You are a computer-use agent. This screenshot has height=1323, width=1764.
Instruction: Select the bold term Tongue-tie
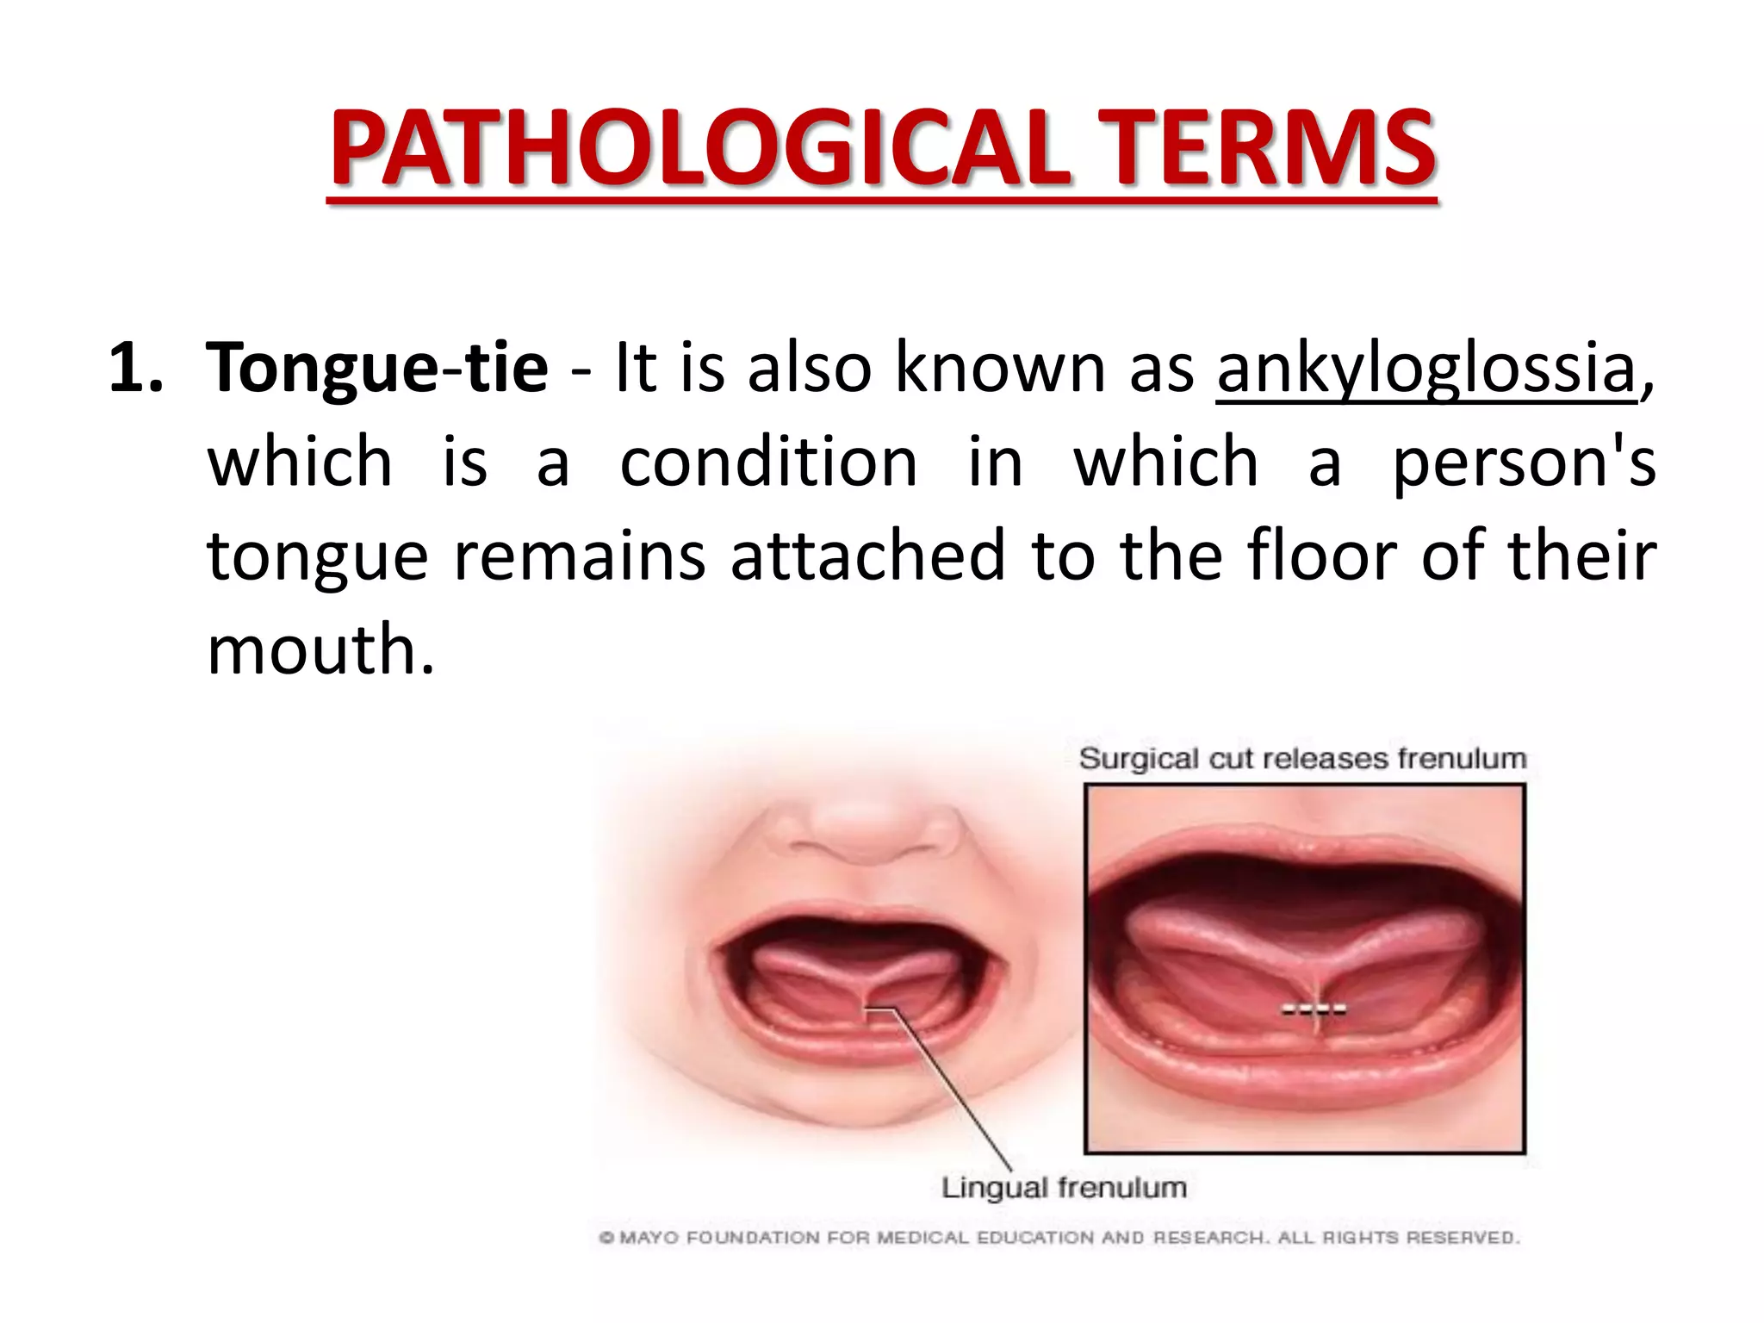click(x=376, y=368)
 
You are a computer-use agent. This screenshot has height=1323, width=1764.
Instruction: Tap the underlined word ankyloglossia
click(x=1425, y=368)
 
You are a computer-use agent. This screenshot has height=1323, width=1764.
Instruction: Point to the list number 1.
click(x=134, y=368)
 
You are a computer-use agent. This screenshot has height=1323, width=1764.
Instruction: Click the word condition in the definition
click(x=768, y=462)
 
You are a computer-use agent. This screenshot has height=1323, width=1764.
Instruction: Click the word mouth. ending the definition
click(x=320, y=649)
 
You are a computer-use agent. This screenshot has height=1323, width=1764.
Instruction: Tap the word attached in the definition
click(x=868, y=555)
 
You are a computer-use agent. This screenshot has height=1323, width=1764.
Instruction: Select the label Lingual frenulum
click(x=1064, y=1188)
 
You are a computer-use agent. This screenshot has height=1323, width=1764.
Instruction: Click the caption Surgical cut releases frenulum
click(x=1302, y=759)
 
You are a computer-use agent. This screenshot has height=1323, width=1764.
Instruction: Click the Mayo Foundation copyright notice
click(x=1059, y=1238)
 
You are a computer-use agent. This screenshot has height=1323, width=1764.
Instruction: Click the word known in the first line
click(x=1000, y=368)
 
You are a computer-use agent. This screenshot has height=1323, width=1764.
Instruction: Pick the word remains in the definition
click(x=579, y=555)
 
